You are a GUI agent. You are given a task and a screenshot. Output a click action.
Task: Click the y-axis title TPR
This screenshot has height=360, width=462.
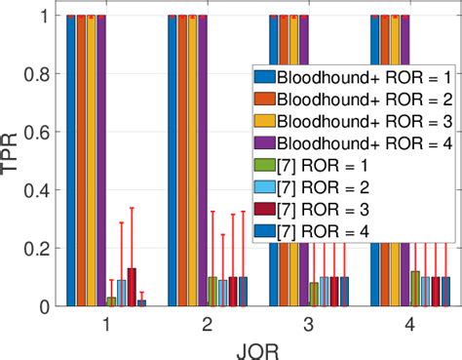point(13,160)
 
